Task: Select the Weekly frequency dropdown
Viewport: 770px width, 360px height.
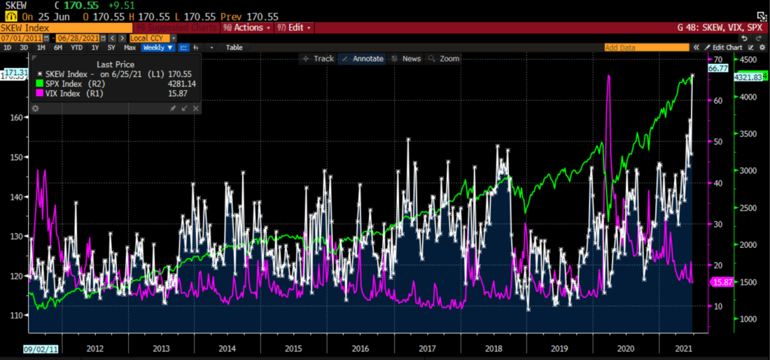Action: click(x=157, y=48)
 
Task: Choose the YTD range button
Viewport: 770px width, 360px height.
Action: click(x=76, y=48)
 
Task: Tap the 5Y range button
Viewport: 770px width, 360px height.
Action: click(x=112, y=48)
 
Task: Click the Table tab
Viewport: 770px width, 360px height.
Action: click(x=234, y=48)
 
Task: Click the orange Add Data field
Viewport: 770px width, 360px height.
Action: click(x=645, y=48)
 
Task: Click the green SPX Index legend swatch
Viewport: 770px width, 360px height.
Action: click(x=40, y=83)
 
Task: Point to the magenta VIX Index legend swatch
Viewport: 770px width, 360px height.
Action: click(x=40, y=93)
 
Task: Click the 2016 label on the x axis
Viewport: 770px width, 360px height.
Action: click(x=360, y=348)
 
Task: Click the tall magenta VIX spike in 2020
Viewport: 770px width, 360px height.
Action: click(x=608, y=77)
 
